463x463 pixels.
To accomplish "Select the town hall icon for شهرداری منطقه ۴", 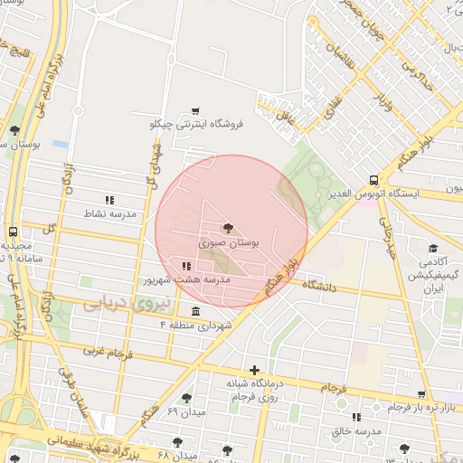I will click(x=196, y=311).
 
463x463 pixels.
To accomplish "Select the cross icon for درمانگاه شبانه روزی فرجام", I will click(x=256, y=370).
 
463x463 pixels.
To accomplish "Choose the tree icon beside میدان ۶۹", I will click(x=187, y=398).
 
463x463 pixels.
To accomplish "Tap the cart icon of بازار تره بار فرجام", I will click(x=421, y=394).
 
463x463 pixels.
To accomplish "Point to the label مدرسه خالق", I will click(x=355, y=431).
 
